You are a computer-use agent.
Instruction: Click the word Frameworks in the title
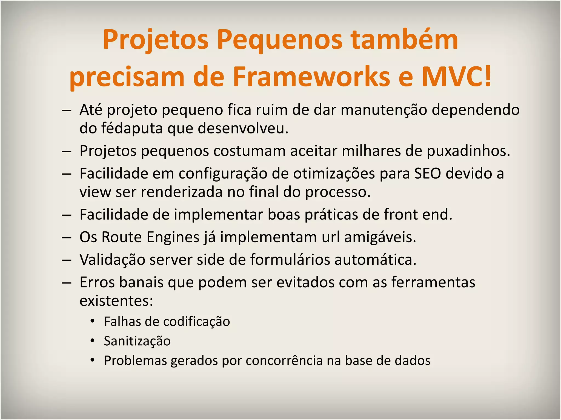(311, 77)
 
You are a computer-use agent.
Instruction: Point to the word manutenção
(384, 110)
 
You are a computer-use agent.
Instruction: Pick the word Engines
(173, 237)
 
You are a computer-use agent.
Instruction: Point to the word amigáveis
(380, 237)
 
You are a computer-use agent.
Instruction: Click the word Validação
(112, 260)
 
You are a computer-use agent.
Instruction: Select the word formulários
(290, 260)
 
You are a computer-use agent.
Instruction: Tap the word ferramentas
(433, 282)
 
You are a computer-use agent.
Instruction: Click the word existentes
(116, 301)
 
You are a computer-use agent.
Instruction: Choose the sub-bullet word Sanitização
(137, 341)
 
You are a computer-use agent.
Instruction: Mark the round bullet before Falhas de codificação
(93, 321)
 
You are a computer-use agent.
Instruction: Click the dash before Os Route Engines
(67, 237)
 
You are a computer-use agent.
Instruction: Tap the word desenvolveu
(243, 128)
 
